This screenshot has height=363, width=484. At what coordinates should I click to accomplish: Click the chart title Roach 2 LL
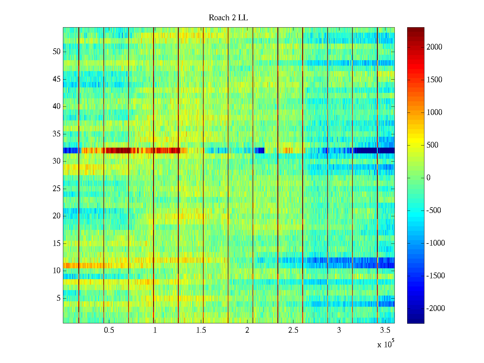point(228,18)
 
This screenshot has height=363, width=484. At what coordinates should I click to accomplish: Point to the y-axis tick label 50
point(57,52)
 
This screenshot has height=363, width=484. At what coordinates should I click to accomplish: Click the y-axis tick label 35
point(57,134)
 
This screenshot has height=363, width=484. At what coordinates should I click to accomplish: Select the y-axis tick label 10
point(57,271)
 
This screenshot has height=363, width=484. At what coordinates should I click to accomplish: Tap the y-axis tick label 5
point(58,298)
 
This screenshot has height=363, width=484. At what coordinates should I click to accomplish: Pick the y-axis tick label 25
point(57,189)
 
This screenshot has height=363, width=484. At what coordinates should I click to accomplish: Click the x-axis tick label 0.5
point(109,330)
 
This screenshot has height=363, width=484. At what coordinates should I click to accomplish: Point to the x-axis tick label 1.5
point(201,330)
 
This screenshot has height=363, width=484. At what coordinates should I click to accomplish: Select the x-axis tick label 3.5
point(385,330)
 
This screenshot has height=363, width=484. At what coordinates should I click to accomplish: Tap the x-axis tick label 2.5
point(293,330)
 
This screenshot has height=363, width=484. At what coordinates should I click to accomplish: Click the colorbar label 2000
point(434,47)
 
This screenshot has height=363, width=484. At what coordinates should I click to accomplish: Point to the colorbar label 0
point(428,178)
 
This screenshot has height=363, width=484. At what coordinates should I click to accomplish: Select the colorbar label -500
point(433,211)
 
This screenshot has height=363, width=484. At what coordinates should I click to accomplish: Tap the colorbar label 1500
point(434,80)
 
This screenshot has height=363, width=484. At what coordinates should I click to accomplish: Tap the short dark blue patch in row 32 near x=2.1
point(260,150)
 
